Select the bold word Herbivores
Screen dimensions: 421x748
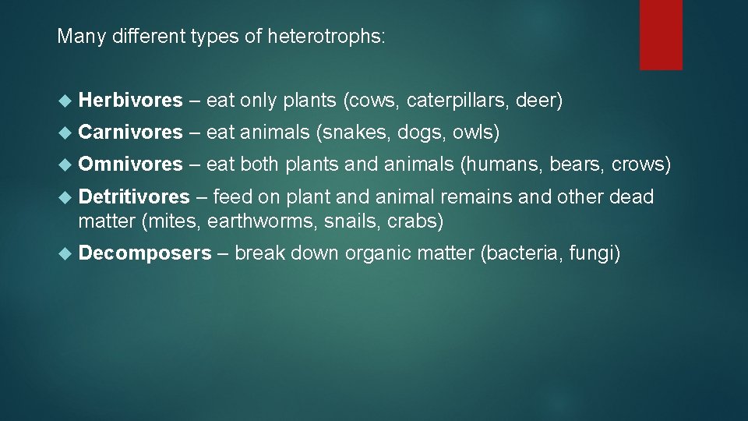pyautogui.click(x=130, y=101)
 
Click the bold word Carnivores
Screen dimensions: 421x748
pyautogui.click(x=130, y=133)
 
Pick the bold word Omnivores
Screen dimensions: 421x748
pyautogui.click(x=130, y=165)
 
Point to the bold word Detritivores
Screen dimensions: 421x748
pyautogui.click(x=134, y=196)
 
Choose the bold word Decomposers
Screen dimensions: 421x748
pyautogui.click(x=145, y=253)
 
